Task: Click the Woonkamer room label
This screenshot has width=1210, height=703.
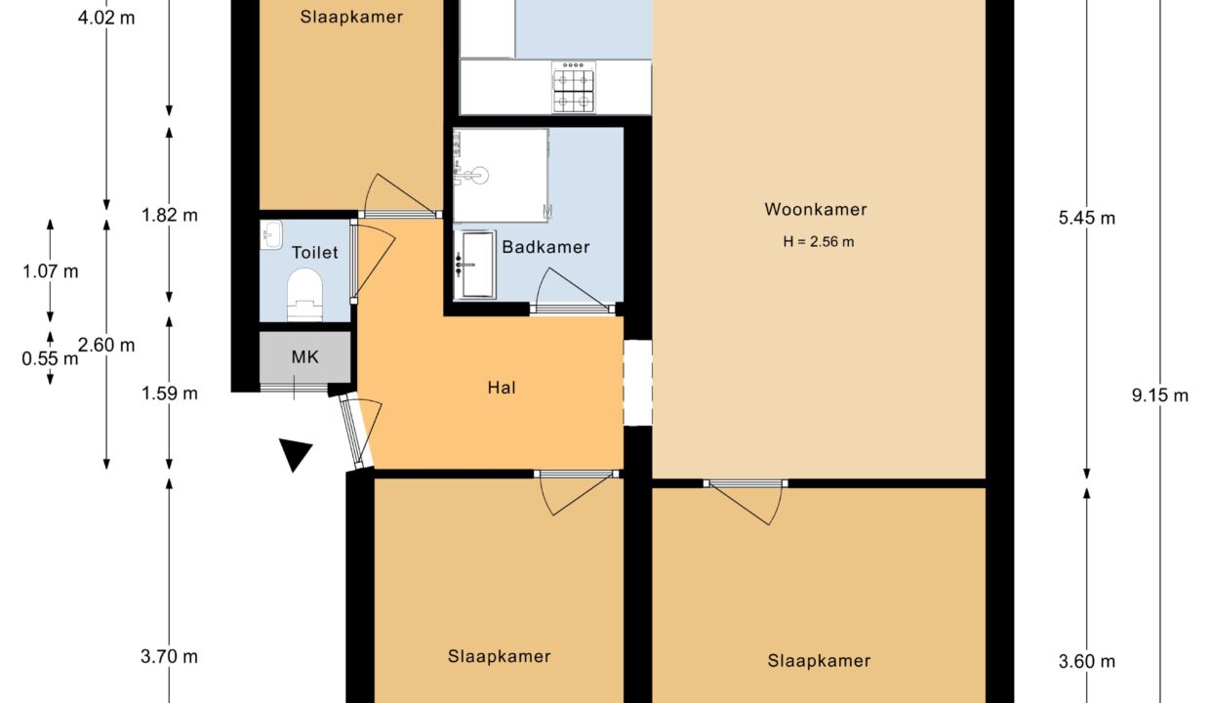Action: tap(815, 210)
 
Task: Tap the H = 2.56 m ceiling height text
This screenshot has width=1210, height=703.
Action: tap(819, 241)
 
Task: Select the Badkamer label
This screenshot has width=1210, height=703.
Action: tap(545, 247)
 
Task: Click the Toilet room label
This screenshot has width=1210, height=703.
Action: tap(315, 252)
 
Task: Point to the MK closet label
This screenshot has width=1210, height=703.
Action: tap(305, 357)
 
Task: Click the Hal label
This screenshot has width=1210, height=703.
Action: tap(502, 388)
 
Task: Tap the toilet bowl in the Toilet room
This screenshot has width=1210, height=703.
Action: tap(304, 295)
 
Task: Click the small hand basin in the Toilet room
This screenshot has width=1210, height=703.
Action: tap(270, 234)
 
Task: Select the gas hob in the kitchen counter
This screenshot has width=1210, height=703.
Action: tap(573, 88)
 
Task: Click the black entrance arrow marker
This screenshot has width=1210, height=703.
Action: tap(295, 454)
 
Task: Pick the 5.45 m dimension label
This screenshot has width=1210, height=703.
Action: tap(1086, 219)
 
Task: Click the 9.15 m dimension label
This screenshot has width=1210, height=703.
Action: tap(1160, 396)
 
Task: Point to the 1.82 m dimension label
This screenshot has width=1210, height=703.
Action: tap(170, 216)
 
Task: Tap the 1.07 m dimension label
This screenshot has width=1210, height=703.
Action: tap(50, 271)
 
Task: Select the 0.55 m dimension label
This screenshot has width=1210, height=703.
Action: tap(50, 358)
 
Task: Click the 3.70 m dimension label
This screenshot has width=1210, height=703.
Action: tap(169, 657)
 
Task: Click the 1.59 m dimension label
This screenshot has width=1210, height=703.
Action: tap(170, 393)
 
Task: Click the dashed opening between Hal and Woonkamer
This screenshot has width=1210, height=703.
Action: tap(638, 383)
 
